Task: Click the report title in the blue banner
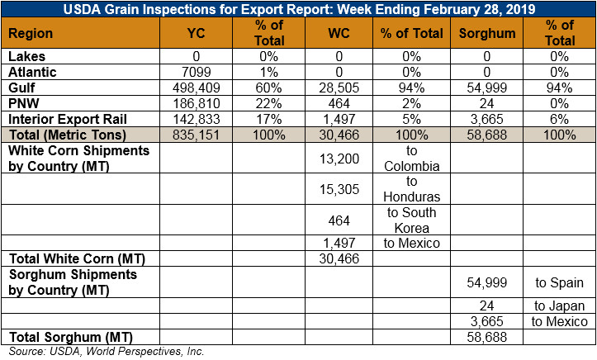[299, 9]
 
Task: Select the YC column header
[196, 33]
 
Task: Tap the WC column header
[339, 33]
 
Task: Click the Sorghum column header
[487, 33]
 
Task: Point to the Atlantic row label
[32, 72]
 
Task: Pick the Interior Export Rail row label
[68, 119]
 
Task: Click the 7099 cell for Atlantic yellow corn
[196, 72]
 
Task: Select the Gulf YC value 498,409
[196, 88]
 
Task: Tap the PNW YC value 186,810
[196, 103]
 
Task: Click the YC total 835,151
[196, 135]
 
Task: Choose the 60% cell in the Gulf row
[269, 88]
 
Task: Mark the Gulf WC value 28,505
[339, 88]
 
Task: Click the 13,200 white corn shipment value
[339, 159]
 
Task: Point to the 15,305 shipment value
[339, 189]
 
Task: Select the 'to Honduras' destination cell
[411, 189]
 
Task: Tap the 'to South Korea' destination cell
[411, 220]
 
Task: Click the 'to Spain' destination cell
[559, 282]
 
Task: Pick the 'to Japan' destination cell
[559, 306]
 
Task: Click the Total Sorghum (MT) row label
[71, 337]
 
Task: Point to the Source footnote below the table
[107, 351]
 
